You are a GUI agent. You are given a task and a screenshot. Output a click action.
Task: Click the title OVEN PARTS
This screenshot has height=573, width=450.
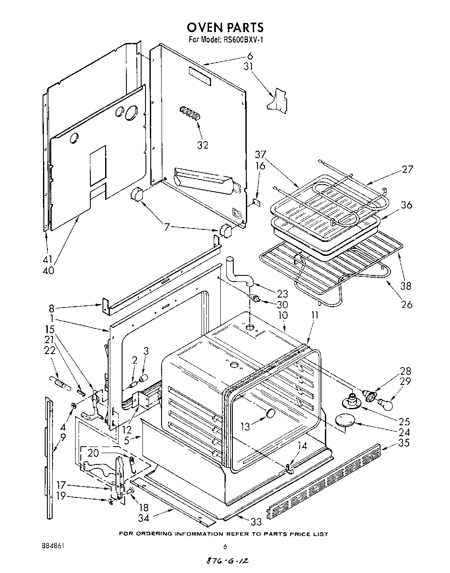pos(225,27)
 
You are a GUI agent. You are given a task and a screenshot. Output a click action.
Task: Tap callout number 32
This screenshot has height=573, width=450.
pos(203,145)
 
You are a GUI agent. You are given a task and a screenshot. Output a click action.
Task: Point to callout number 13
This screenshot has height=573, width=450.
pos(246,426)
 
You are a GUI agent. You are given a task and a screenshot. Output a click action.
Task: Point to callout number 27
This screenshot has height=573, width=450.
pos(407,169)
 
